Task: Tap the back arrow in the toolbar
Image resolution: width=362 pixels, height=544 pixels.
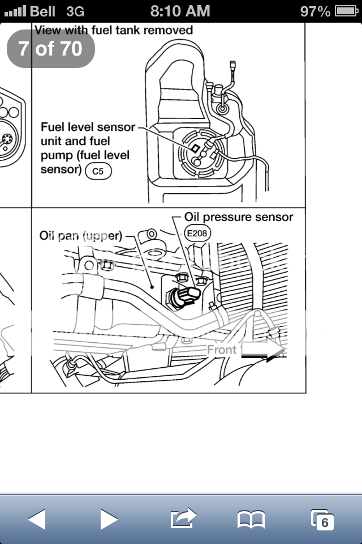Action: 37,518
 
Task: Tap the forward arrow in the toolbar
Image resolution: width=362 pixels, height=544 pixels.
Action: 109,518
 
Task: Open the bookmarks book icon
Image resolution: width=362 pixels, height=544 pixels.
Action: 251,518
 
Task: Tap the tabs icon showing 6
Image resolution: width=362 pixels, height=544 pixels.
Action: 322,518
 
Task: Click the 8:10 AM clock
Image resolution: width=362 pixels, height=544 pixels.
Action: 180,11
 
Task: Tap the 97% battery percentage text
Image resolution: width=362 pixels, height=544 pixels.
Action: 316,11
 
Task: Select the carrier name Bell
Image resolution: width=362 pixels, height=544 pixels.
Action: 42,11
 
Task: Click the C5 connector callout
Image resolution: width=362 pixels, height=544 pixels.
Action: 98,171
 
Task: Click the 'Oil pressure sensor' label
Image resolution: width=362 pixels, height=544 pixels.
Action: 239,217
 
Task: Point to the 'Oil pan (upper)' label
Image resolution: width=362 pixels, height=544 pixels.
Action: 81,235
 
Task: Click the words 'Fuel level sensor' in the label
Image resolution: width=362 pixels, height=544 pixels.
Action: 88,127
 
